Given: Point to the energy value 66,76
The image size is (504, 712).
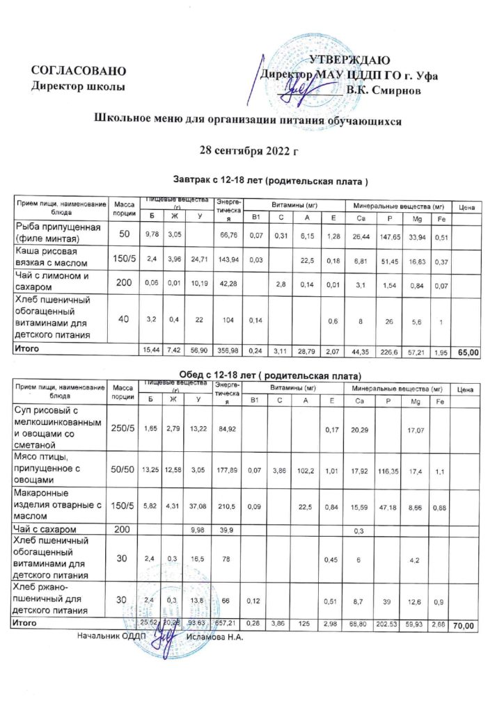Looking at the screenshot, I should [228, 236].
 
